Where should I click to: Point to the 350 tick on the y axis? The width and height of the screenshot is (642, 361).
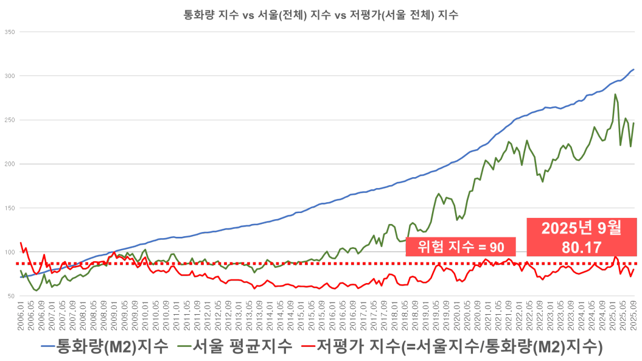[10, 32]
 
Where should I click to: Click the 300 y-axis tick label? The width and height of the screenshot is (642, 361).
[10, 76]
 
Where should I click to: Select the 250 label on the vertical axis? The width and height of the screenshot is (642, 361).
[10, 120]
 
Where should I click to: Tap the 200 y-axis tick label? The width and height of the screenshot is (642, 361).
[10, 164]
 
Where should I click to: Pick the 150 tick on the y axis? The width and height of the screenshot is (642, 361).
[10, 208]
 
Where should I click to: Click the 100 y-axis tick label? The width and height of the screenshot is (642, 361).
[10, 252]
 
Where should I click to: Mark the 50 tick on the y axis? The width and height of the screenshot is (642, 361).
[10, 296]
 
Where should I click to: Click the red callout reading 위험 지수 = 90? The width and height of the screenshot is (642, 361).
[461, 247]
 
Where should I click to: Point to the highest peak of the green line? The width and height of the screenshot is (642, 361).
[616, 94]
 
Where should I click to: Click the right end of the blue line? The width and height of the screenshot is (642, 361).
[635, 69]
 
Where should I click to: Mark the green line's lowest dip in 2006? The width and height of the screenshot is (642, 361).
[37, 290]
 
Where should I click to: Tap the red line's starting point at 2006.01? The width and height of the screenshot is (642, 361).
[21, 243]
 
